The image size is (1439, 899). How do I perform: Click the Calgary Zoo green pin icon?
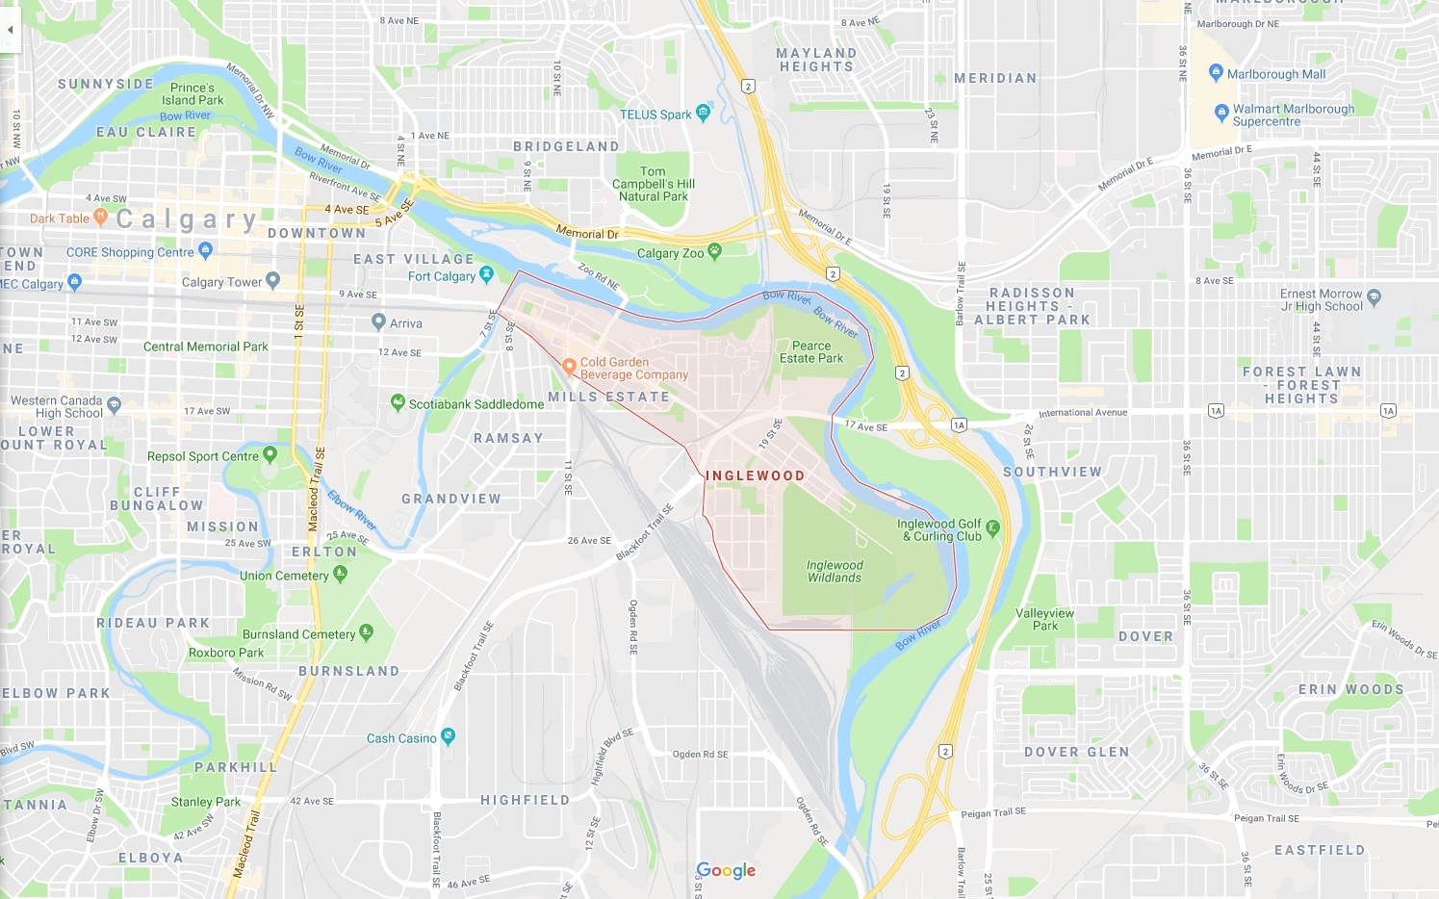click(714, 251)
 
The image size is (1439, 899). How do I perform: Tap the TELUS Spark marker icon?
click(703, 113)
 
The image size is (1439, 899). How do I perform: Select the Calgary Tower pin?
click(272, 280)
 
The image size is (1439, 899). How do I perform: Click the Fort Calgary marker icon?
click(486, 274)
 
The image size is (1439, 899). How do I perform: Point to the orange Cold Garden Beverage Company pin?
click(569, 366)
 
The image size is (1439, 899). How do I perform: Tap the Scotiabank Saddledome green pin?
click(398, 402)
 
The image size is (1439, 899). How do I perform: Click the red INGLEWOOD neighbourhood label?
click(755, 475)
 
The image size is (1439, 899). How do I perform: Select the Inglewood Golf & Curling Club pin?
click(992, 527)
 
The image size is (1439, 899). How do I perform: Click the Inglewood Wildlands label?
click(835, 572)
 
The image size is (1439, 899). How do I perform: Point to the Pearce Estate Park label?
click(810, 352)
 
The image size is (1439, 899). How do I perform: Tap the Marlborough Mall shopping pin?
click(1216, 72)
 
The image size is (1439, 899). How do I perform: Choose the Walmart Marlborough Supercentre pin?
click(1221, 112)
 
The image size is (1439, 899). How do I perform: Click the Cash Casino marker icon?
click(448, 736)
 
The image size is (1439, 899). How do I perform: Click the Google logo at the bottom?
click(726, 870)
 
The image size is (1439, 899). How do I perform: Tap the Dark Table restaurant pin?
click(100, 218)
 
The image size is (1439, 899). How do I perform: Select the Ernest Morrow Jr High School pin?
click(1374, 297)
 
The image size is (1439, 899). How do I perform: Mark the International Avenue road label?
click(1082, 413)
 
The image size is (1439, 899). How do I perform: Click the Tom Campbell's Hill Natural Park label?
click(654, 184)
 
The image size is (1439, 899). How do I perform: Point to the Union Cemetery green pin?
click(340, 574)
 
